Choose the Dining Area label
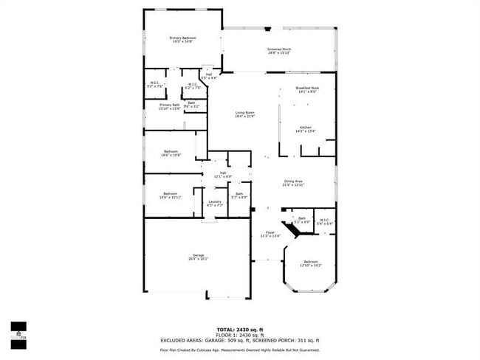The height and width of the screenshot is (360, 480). click(x=293, y=183)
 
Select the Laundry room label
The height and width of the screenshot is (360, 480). click(x=215, y=202)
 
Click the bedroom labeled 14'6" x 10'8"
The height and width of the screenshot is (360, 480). click(x=171, y=153)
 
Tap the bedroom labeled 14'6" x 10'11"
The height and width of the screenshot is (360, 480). click(x=170, y=195)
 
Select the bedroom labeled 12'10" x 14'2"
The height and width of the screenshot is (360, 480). click(x=311, y=263)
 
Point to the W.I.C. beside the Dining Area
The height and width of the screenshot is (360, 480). click(x=325, y=221)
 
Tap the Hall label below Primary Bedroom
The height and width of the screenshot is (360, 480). click(x=209, y=75)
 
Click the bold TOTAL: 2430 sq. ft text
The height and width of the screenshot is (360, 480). click(x=240, y=329)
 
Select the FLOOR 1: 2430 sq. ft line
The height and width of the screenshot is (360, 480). click(x=240, y=334)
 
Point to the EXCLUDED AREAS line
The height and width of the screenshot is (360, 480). click(x=240, y=340)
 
